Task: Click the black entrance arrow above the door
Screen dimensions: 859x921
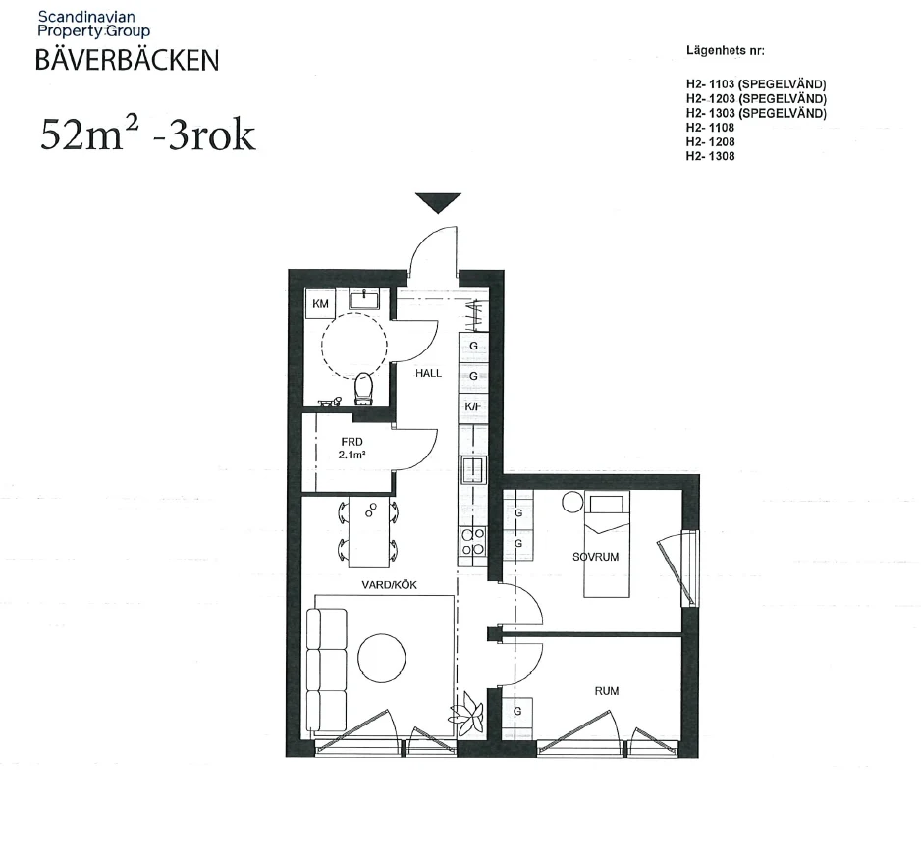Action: pos(437,202)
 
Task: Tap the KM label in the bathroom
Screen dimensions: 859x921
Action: pos(320,304)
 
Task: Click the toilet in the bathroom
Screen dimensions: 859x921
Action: pos(363,389)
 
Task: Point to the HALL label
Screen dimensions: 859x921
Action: pos(428,373)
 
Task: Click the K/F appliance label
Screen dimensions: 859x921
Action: pos(473,405)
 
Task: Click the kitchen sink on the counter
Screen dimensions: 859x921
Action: pos(473,470)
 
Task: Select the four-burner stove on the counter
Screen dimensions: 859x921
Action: pos(473,540)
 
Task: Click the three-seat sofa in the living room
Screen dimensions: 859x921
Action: pos(327,669)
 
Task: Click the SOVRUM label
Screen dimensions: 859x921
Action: pos(595,557)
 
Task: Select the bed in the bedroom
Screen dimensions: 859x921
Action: pos(606,545)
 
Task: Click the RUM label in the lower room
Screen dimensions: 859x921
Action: pos(607,691)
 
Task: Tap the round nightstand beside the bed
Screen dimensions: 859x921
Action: pos(571,502)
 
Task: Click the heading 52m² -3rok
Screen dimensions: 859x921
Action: pos(147,134)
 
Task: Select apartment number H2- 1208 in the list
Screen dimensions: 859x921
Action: pos(712,142)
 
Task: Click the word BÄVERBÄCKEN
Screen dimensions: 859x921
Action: pos(127,61)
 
